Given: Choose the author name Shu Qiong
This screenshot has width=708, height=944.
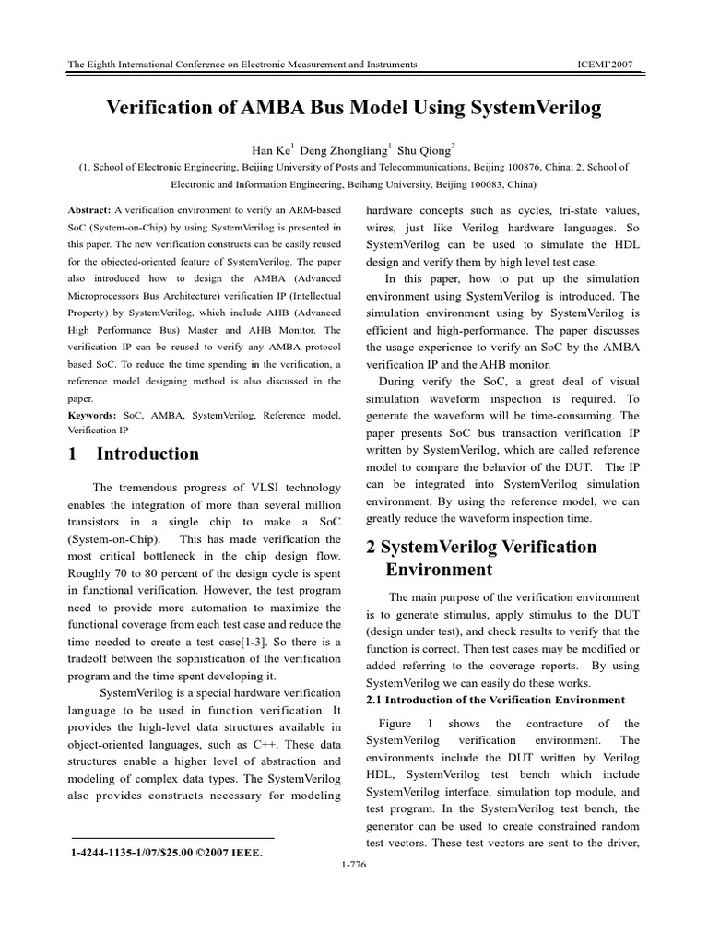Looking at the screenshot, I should pos(430,148).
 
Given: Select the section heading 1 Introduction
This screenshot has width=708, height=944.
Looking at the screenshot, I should pos(134,454).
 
